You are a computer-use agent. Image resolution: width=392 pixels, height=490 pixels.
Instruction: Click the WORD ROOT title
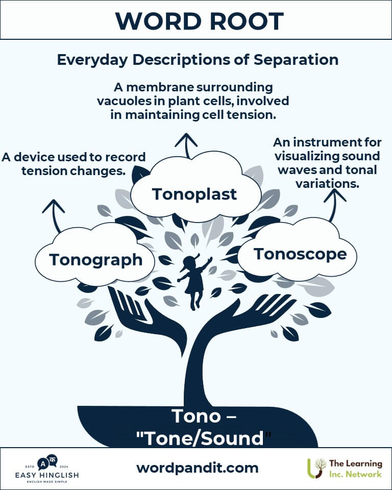[x=199, y=21]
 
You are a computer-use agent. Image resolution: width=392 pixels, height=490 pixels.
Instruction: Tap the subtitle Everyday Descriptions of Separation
[x=198, y=60]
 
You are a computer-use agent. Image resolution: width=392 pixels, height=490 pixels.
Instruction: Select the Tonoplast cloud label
[x=194, y=194]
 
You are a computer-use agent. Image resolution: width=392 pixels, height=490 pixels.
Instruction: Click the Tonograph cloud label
[x=95, y=260]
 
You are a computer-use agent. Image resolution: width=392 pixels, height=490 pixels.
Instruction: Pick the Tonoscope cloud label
[x=300, y=254]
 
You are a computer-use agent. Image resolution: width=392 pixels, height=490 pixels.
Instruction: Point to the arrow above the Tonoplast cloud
[x=186, y=145]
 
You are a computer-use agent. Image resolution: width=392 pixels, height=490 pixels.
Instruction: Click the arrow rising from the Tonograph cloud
[x=55, y=215]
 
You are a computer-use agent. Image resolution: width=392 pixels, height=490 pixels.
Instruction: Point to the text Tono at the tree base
[x=196, y=416]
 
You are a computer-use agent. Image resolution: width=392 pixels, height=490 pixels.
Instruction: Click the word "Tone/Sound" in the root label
[x=204, y=438]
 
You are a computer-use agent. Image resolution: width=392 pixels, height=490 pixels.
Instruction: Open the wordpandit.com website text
[x=197, y=468]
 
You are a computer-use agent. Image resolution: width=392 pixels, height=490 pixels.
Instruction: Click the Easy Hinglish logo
[x=47, y=469]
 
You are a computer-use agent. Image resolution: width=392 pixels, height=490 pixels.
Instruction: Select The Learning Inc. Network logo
[x=345, y=469]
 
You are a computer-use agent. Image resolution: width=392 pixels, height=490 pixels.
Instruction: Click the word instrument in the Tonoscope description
[x=325, y=142]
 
